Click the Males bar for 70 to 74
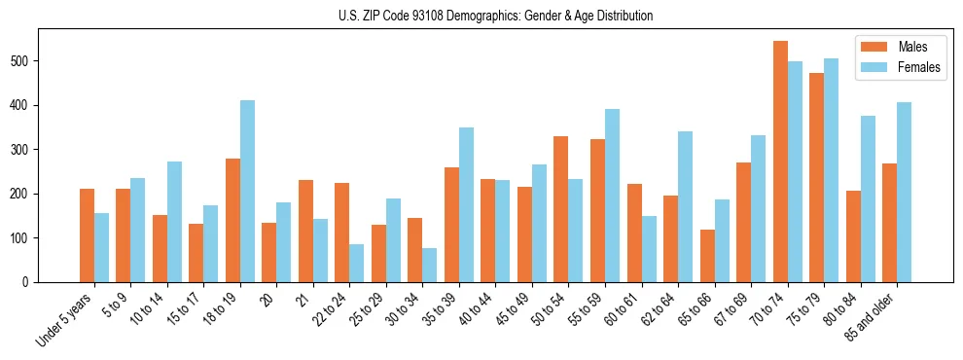point(780,162)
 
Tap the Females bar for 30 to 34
point(430,265)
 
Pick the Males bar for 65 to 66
point(707,256)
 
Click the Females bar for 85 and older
point(904,192)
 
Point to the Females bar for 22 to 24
point(357,263)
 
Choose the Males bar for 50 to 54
point(561,209)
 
